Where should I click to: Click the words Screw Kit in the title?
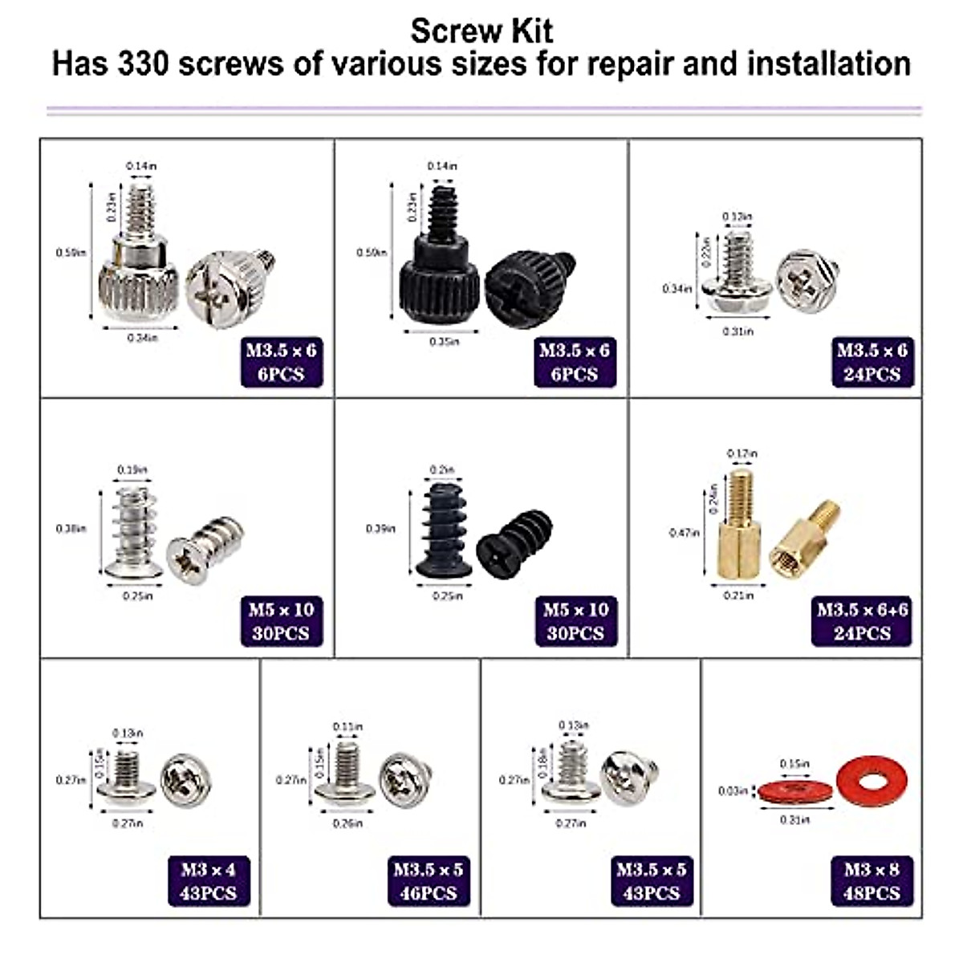point(481,30)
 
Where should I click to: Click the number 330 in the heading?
point(144,64)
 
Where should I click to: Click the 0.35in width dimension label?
point(444,341)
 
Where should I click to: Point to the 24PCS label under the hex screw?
point(872,374)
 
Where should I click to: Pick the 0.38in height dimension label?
point(70,529)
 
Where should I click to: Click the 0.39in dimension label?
point(380,529)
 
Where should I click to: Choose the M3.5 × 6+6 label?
point(862,610)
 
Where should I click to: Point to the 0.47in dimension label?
point(684,533)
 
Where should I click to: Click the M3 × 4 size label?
point(209,870)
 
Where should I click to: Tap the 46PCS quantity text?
point(429,893)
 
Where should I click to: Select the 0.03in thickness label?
point(732,791)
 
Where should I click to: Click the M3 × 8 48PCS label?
point(872,881)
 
